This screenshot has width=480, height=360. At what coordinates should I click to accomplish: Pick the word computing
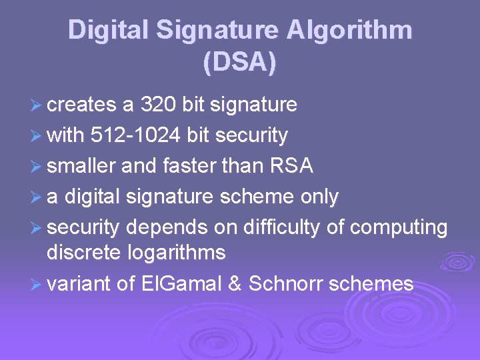(399, 227)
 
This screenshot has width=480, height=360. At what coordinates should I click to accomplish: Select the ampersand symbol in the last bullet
(234, 284)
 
